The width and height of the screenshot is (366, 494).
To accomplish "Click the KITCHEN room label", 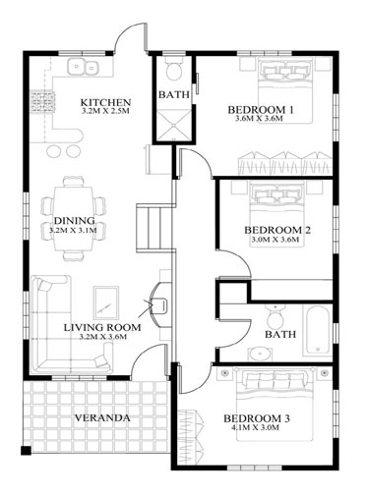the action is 106,102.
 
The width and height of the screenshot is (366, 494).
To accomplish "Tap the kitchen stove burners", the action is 42,102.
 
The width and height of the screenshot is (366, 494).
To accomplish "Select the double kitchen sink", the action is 83,67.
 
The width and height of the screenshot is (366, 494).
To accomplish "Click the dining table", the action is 73,219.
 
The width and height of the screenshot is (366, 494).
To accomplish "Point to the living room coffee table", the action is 106,302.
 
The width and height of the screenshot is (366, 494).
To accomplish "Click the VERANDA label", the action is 102,418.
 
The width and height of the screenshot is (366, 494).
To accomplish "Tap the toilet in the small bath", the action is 174,69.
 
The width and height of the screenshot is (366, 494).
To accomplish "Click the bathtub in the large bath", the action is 316,330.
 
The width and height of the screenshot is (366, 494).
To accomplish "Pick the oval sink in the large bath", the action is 260,354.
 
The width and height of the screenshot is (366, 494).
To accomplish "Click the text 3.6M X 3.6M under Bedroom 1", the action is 259,119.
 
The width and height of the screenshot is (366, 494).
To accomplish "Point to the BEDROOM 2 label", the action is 277,230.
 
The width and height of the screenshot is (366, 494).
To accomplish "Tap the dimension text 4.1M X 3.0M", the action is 256,427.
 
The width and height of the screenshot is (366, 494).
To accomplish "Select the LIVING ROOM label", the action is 102,327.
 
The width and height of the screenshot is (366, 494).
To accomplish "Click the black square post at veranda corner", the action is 26,451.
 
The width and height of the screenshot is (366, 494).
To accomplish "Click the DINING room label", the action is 74,221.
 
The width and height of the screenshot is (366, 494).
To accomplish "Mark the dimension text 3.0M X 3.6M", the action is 275,240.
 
